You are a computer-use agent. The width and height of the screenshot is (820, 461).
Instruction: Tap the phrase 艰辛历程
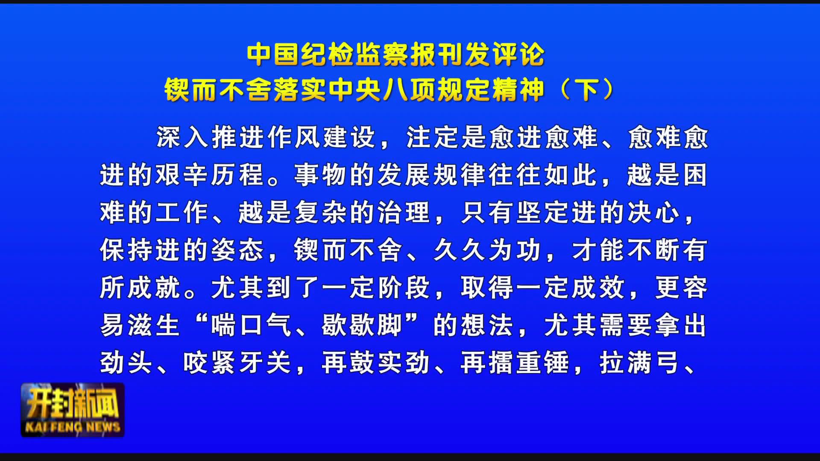[x=210, y=175]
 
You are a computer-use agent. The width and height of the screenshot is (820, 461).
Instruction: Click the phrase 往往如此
[x=543, y=175]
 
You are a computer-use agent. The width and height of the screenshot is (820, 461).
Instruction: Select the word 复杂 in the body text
[x=321, y=213]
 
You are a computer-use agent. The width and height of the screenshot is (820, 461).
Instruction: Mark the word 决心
[x=654, y=213]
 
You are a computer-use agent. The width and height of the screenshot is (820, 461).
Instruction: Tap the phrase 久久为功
[x=488, y=250]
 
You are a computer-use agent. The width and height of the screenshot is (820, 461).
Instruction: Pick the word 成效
[x=599, y=288]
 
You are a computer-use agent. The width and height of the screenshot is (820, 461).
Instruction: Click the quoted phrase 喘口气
[x=252, y=325]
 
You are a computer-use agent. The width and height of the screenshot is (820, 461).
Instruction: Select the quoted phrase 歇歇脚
[x=363, y=325]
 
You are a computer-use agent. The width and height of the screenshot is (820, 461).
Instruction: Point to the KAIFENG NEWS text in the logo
[x=73, y=427]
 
